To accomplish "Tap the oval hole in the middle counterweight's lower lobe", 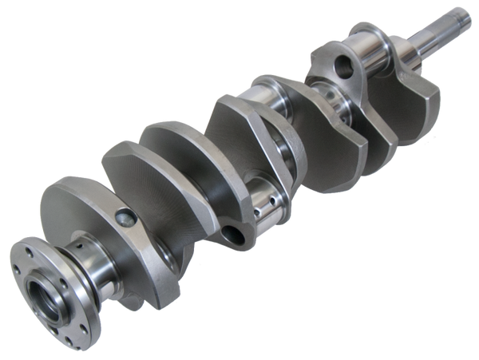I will click(235, 233).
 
